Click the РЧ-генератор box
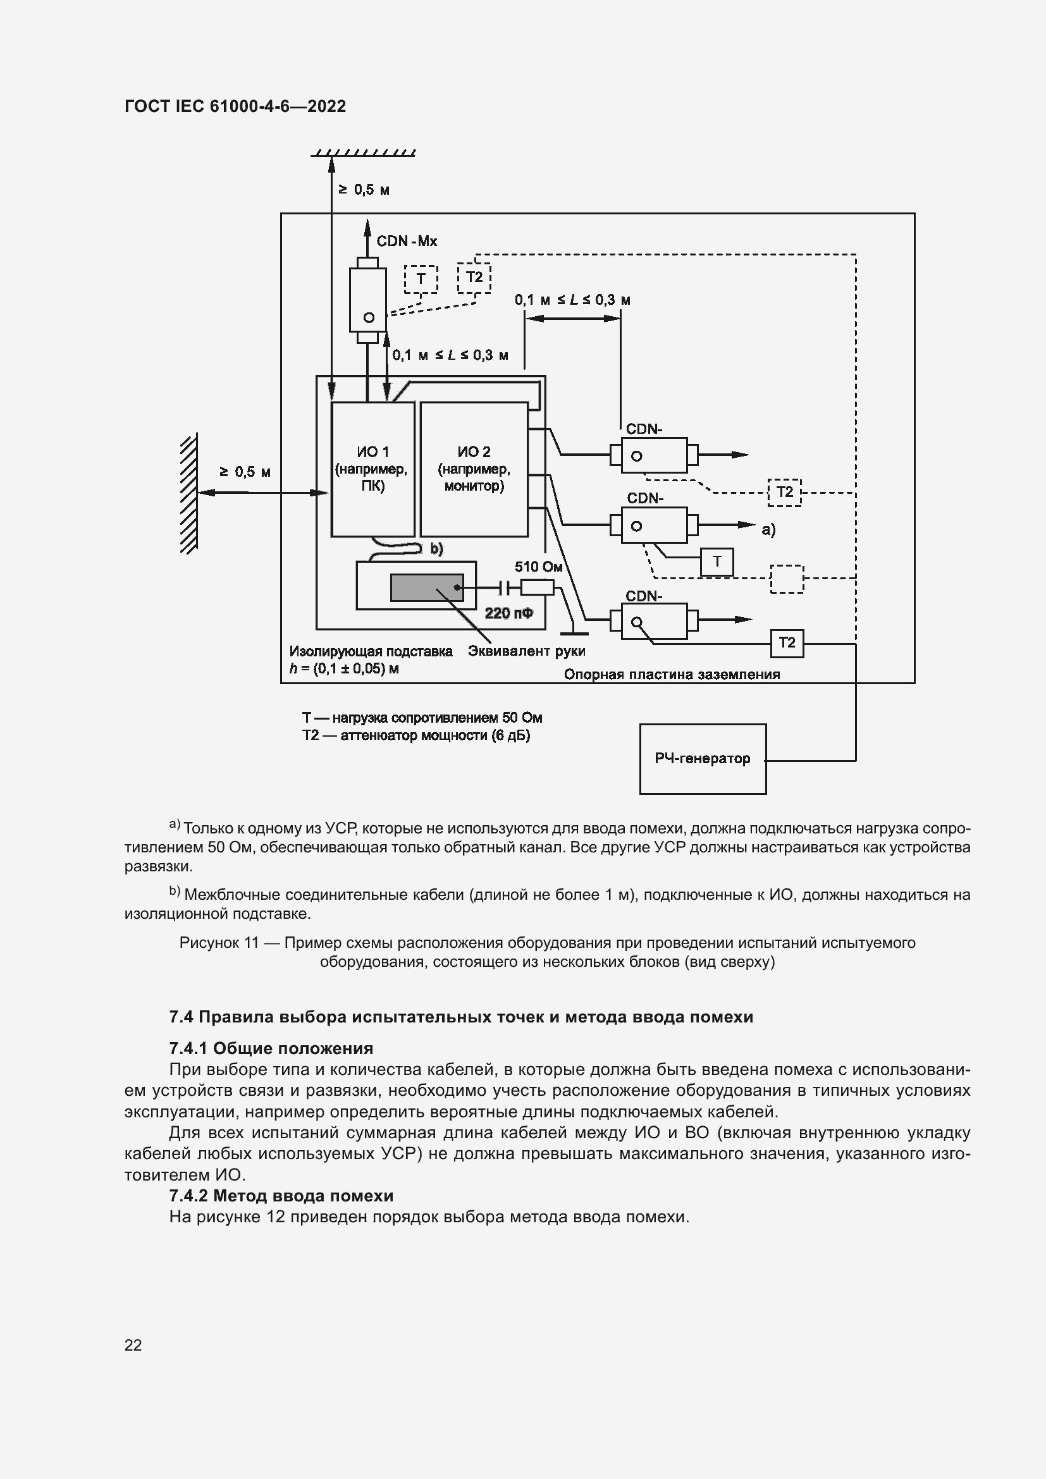(702, 758)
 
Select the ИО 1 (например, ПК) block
(372, 469)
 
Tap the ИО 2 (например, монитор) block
(474, 469)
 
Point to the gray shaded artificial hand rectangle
(426, 587)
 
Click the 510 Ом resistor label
(538, 567)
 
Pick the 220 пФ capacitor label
(509, 613)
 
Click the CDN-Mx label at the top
(407, 242)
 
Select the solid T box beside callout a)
(717, 562)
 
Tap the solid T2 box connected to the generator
(787, 642)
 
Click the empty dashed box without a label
(787, 579)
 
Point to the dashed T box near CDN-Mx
(421, 279)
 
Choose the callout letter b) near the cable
(437, 548)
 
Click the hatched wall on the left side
(188, 493)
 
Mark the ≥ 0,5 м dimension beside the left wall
(245, 472)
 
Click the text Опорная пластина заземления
(671, 675)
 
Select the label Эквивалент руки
(526, 651)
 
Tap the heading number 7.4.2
(188, 1196)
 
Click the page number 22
(133, 1345)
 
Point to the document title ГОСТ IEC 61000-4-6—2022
(235, 106)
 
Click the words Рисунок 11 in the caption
(218, 942)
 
